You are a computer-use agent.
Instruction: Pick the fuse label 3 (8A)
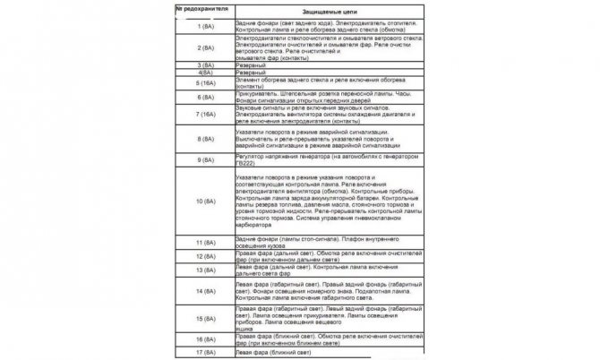(x=203, y=65)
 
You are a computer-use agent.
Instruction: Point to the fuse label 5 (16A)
(x=203, y=84)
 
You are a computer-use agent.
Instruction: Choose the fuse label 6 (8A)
(x=203, y=101)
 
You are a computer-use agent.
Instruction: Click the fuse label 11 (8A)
(x=203, y=243)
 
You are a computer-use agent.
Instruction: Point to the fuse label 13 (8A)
(x=203, y=274)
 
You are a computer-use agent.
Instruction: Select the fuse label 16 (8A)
(x=203, y=340)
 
